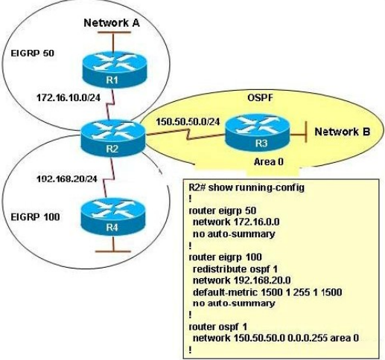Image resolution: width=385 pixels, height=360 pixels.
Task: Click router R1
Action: coord(115,70)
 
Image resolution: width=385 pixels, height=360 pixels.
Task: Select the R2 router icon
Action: coord(113,138)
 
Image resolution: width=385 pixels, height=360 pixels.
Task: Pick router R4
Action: coord(113,216)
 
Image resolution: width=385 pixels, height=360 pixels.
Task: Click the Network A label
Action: coord(112,23)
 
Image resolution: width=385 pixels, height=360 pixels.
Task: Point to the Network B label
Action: coord(343,132)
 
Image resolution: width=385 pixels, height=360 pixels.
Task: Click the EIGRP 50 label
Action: coord(33,53)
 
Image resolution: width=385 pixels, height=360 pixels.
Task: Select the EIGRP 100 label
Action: coord(35,217)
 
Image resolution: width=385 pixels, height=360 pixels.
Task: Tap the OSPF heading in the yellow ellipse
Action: coord(260,97)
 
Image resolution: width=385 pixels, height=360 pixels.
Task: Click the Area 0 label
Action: coord(269,162)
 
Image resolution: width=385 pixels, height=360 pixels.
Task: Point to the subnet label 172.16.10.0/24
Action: coord(69,97)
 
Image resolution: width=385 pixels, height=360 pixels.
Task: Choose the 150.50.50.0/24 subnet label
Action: coord(188,122)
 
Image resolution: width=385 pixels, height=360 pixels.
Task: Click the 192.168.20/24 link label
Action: coord(67,179)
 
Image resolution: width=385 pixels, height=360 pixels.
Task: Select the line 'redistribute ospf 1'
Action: coord(235,269)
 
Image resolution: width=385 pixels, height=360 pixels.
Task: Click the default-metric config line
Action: coord(267,292)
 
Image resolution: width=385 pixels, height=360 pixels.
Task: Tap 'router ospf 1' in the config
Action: coord(218,327)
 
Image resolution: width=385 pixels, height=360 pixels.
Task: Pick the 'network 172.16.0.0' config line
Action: coord(236,222)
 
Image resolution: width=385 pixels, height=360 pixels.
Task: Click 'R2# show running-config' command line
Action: coord(246,187)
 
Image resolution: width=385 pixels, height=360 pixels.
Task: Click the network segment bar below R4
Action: coord(113,251)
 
